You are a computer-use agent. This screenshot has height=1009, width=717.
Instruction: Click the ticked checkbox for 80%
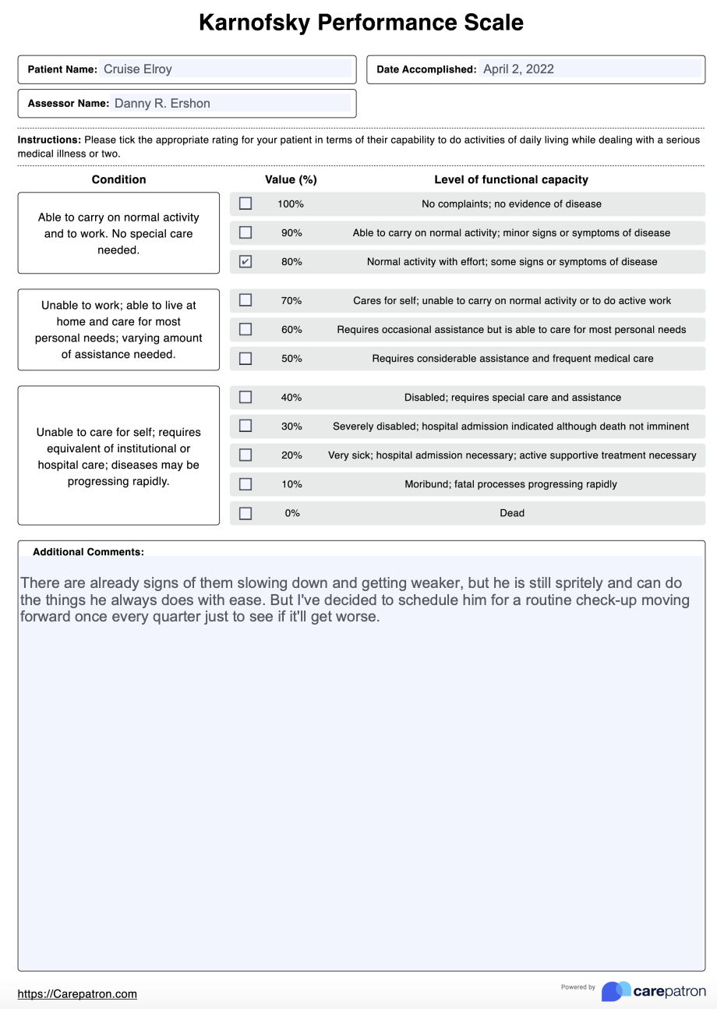pos(245,262)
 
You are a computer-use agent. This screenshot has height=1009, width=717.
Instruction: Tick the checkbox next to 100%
pos(245,204)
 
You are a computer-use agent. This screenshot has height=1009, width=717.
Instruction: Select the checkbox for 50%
pos(245,359)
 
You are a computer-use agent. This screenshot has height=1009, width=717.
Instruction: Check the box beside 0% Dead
pos(245,513)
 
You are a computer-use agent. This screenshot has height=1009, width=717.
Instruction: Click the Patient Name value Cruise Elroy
pos(138,69)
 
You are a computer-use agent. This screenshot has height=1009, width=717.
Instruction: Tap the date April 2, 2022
pos(518,69)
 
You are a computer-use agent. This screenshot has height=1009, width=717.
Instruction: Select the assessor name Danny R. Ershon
pos(162,103)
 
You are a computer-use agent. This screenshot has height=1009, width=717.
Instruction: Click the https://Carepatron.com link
pos(77,993)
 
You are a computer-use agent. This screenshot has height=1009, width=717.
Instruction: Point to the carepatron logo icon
pos(616,991)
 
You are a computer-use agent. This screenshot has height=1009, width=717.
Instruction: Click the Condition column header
pos(118,179)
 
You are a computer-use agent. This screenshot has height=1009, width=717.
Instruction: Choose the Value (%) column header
pos(291,179)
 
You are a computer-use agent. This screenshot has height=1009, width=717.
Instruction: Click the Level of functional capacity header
pos(511,179)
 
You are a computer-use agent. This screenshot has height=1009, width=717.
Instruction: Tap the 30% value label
pos(291,427)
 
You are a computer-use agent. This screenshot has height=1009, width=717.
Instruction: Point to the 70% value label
pos(291,300)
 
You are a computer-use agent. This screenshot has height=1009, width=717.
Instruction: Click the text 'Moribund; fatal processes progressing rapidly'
pos(510,484)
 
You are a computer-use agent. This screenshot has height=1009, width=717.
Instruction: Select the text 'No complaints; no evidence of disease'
pos(511,204)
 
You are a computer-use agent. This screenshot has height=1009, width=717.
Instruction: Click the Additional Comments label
pos(88,551)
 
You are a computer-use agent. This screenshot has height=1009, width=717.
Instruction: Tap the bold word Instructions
pos(49,140)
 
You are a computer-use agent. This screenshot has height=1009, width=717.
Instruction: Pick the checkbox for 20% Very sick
pos(245,455)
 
